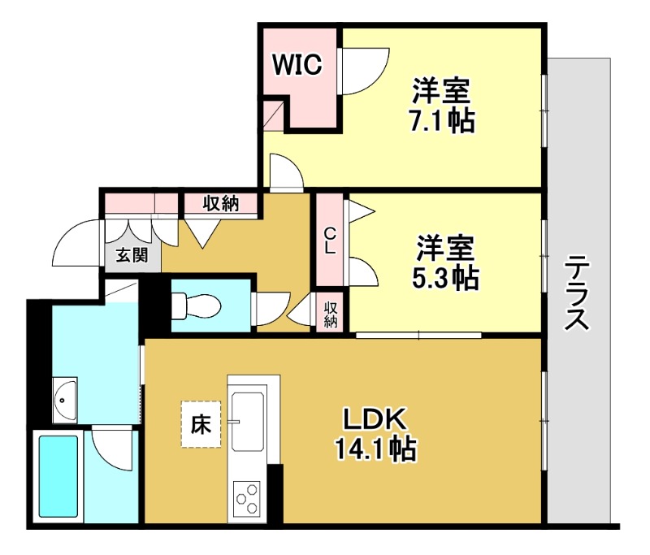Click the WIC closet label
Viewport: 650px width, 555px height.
[297, 64]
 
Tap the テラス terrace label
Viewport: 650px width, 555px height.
[577, 293]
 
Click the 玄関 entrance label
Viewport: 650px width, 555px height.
[130, 257]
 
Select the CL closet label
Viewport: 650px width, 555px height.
[329, 242]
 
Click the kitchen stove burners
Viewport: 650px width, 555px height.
[248, 496]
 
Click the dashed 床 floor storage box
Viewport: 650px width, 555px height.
[200, 424]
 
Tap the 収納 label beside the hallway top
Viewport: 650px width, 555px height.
[219, 203]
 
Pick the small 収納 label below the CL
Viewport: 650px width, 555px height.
[331, 314]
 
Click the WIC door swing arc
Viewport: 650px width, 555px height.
[357, 73]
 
